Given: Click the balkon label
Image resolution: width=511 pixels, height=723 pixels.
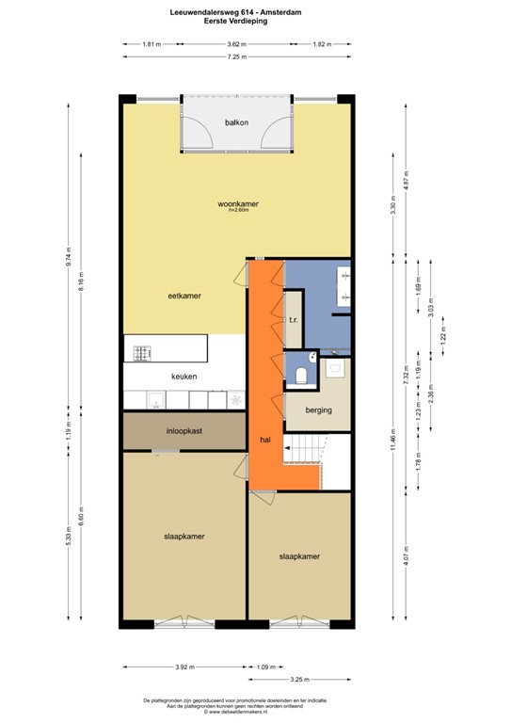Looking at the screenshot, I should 236,123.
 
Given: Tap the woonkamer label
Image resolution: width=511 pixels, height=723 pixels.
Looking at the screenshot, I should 237,203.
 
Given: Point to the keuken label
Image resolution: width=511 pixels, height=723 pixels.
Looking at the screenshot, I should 184,376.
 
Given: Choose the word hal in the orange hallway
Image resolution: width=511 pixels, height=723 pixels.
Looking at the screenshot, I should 265,440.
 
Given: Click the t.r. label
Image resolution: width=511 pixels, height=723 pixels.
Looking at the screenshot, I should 294,320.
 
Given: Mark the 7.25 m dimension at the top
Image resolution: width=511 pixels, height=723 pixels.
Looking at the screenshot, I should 236,57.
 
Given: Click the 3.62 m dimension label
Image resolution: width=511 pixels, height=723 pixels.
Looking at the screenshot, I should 236,44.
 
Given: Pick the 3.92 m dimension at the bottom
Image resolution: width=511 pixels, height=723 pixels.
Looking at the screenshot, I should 184,667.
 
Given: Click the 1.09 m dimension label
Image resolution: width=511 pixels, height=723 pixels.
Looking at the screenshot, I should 265,667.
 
